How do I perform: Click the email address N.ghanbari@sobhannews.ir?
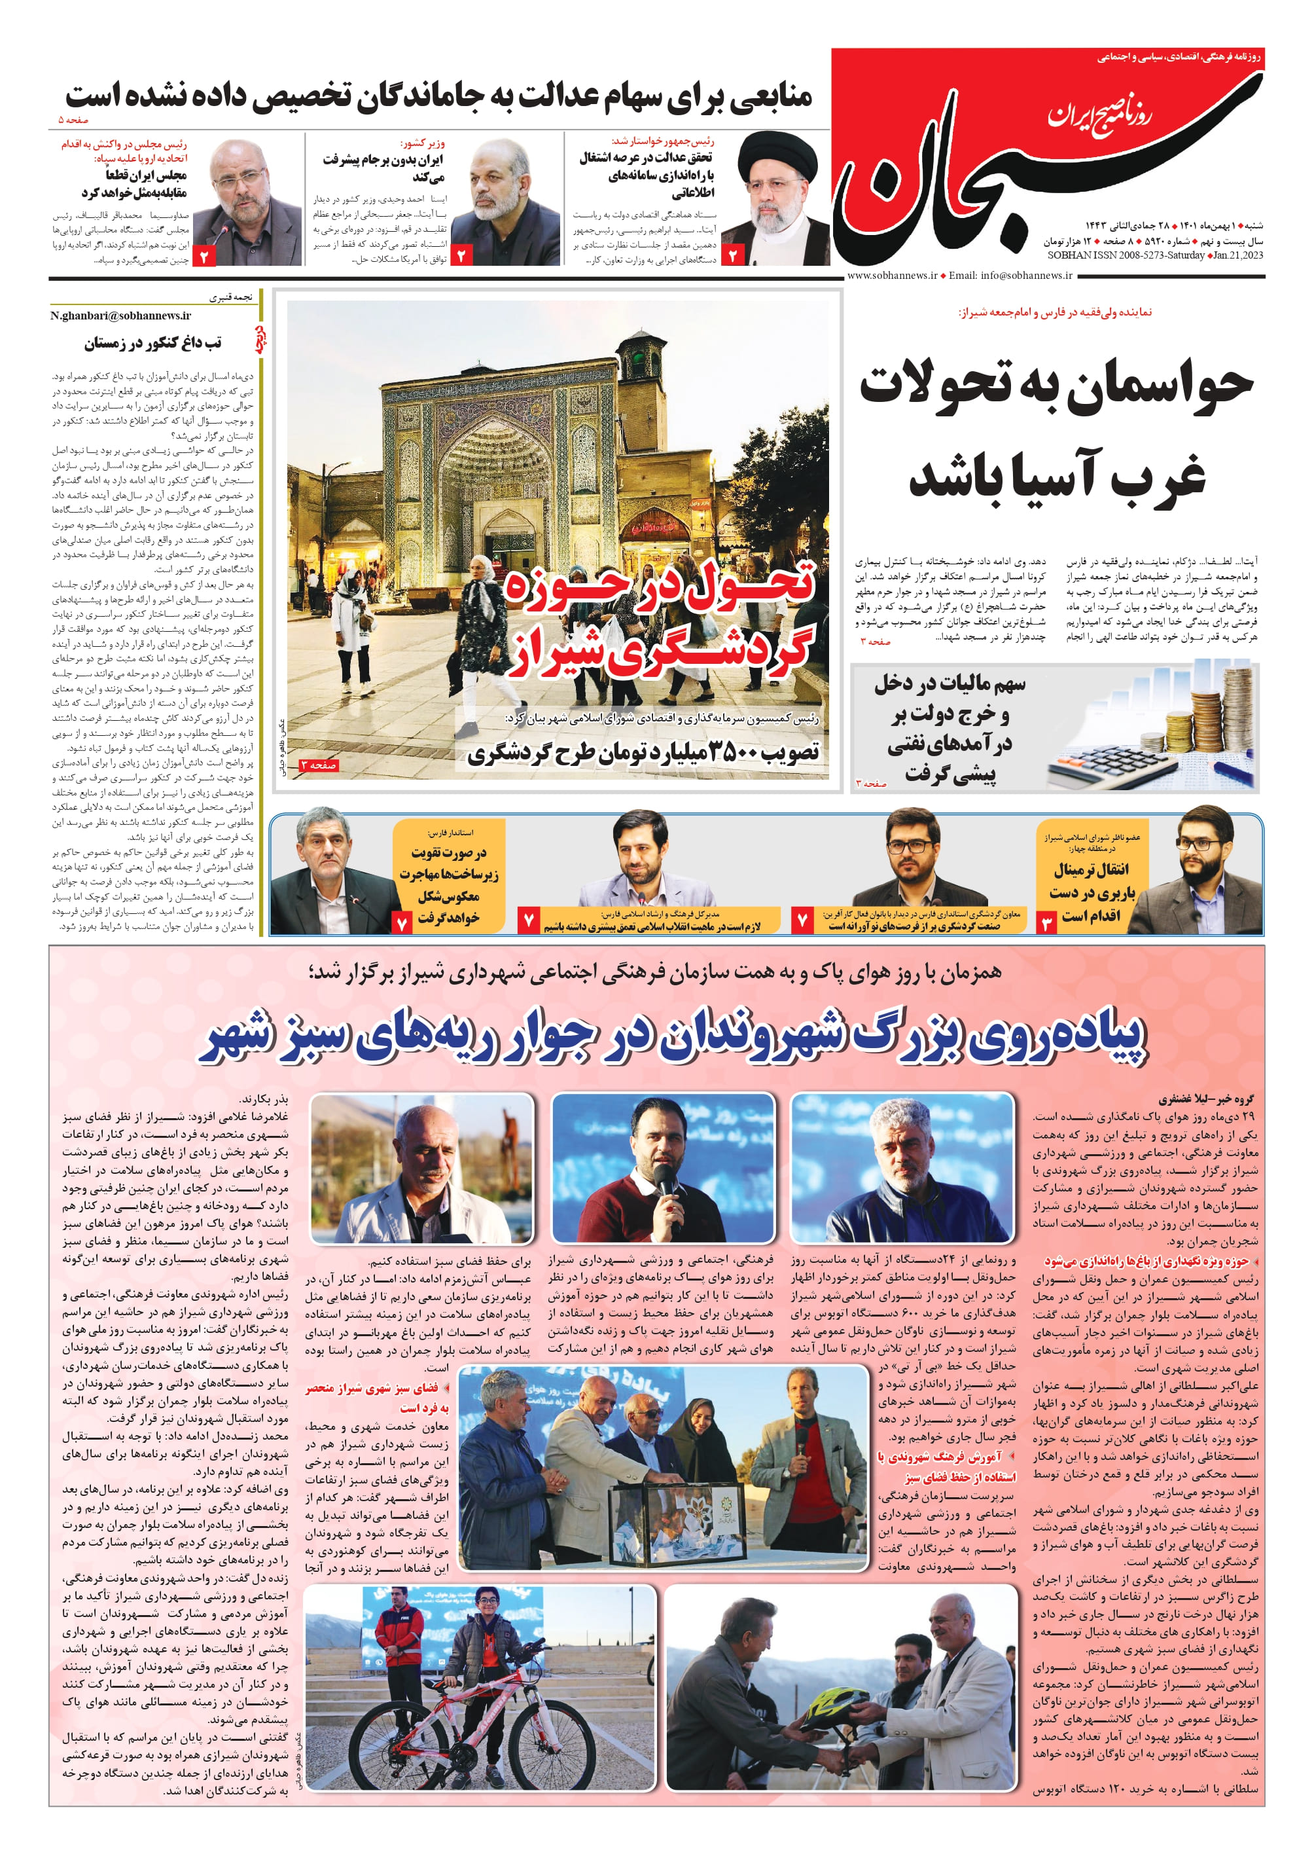click(x=120, y=316)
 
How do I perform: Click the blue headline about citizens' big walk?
click(x=673, y=1041)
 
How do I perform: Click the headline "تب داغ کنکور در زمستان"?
click(x=154, y=343)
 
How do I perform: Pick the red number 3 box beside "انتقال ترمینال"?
click(x=1046, y=922)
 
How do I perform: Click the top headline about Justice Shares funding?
click(x=438, y=96)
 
